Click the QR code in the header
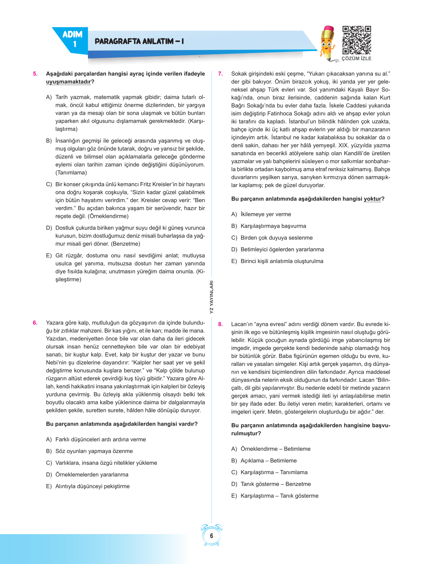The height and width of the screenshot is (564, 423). [x=357, y=40]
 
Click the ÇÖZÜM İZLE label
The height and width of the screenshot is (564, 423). [x=357, y=59]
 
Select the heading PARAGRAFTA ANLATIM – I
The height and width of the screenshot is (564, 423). [x=139, y=41]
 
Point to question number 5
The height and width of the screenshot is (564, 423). [x=35, y=74]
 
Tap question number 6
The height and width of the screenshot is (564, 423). [x=35, y=323]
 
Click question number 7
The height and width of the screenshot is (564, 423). [x=220, y=74]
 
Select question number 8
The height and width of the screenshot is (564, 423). [x=220, y=324]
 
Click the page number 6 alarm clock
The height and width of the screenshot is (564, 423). [x=212, y=535]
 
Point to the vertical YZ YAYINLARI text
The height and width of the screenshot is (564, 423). [x=212, y=297]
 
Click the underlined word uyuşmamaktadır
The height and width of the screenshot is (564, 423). [x=68, y=82]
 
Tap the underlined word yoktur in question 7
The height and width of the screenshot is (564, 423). [x=372, y=199]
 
